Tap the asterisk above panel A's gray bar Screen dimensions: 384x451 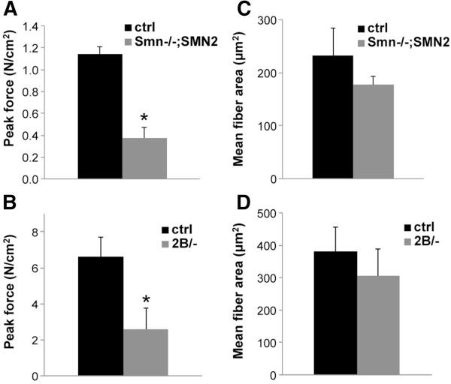coord(145,118)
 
